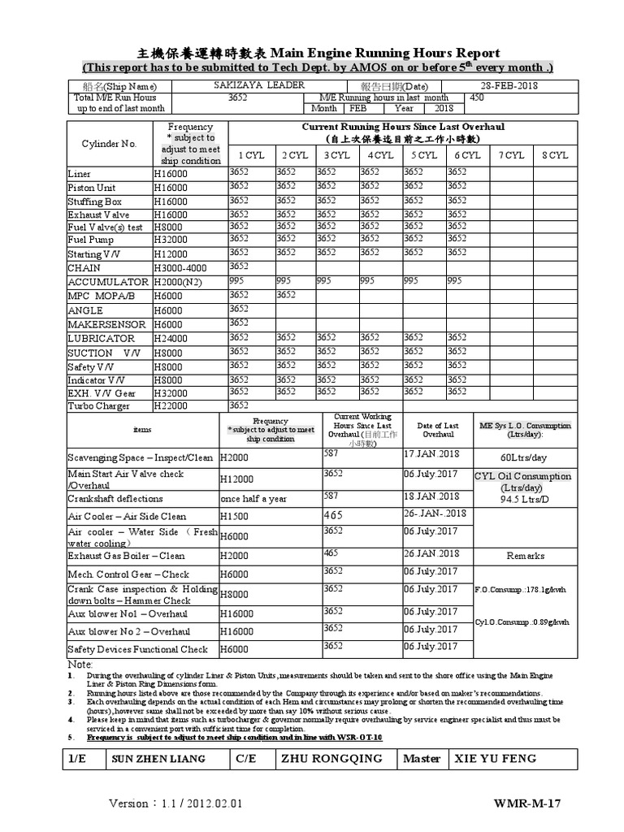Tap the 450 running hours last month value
click(x=477, y=97)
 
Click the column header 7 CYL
click(x=511, y=154)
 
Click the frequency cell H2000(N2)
click(x=182, y=282)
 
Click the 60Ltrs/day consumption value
click(x=525, y=457)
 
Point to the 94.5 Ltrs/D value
click(x=525, y=500)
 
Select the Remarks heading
click(x=525, y=556)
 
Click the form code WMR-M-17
click(x=527, y=804)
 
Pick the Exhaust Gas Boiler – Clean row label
click(x=126, y=556)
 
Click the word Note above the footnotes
click(x=80, y=664)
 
